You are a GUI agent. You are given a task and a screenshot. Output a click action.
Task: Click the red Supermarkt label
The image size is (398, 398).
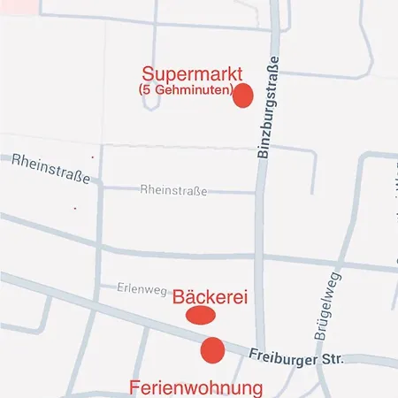click(x=186, y=74)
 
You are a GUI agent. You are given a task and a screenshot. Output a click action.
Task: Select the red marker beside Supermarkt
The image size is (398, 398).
click(x=242, y=96)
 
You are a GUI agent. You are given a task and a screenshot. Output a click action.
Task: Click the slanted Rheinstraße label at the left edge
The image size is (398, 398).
click(x=51, y=168)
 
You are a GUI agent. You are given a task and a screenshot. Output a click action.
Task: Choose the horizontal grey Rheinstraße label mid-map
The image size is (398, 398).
click(x=173, y=190)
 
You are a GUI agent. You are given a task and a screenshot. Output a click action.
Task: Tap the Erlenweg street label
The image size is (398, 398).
click(x=142, y=288)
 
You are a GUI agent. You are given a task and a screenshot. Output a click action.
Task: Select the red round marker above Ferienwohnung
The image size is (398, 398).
click(x=212, y=350)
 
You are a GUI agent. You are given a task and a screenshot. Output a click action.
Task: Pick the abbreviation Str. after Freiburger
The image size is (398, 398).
click(x=332, y=359)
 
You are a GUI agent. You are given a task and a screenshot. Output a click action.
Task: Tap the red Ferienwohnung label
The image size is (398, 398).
click(x=196, y=387)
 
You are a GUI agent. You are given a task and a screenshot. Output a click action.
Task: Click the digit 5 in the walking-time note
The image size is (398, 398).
click(x=147, y=90)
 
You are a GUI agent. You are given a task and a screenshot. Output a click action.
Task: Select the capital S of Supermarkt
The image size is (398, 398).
click(x=148, y=74)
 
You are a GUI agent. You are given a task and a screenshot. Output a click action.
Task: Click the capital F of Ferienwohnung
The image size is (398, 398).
click(x=134, y=387)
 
